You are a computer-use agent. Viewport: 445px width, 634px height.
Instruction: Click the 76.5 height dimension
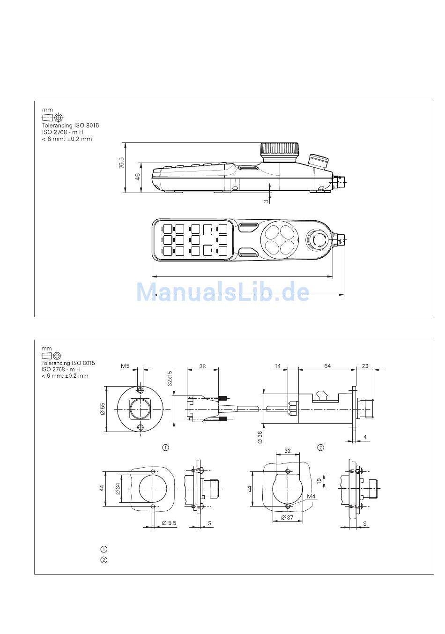click(x=121, y=163)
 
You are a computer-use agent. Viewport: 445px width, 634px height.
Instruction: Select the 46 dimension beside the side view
click(x=137, y=177)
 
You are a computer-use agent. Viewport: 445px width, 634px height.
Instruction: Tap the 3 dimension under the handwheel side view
click(x=266, y=201)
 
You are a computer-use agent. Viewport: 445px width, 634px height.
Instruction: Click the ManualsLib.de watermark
click(x=222, y=292)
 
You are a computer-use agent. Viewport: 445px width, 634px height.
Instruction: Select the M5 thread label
click(x=125, y=366)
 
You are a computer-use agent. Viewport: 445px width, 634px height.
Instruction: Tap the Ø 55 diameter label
click(x=103, y=409)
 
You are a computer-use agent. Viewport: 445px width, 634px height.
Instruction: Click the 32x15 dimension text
click(x=170, y=379)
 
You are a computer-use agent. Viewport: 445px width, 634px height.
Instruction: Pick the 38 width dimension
click(x=202, y=366)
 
